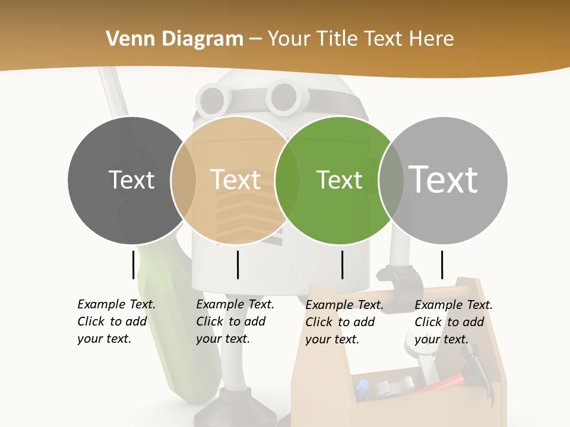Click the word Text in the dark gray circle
[131, 180]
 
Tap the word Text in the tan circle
[236, 180]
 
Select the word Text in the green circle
[340, 180]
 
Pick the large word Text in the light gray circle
[444, 179]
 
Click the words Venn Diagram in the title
[175, 39]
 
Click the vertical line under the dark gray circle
[134, 265]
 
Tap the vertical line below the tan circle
[237, 265]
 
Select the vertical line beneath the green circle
[342, 265]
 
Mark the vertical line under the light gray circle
[442, 265]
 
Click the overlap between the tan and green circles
[288, 180]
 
